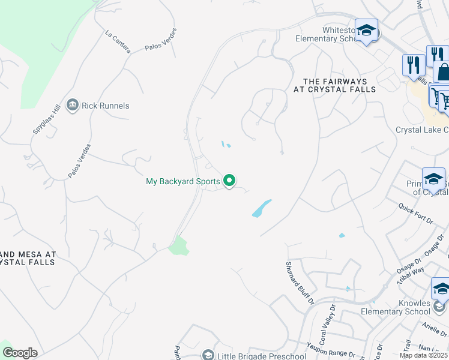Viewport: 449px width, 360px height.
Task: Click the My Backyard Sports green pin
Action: tap(229, 180)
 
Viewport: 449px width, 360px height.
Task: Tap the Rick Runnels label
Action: tap(106, 106)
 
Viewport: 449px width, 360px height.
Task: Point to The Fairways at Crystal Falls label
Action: tap(334, 85)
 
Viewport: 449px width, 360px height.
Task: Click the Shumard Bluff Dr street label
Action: tap(300, 282)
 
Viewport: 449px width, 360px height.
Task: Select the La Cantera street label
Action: tap(118, 41)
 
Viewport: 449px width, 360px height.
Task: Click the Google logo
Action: tap(20, 353)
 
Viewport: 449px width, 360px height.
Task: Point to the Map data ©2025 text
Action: tap(424, 355)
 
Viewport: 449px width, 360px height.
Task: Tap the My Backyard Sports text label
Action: tap(183, 181)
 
